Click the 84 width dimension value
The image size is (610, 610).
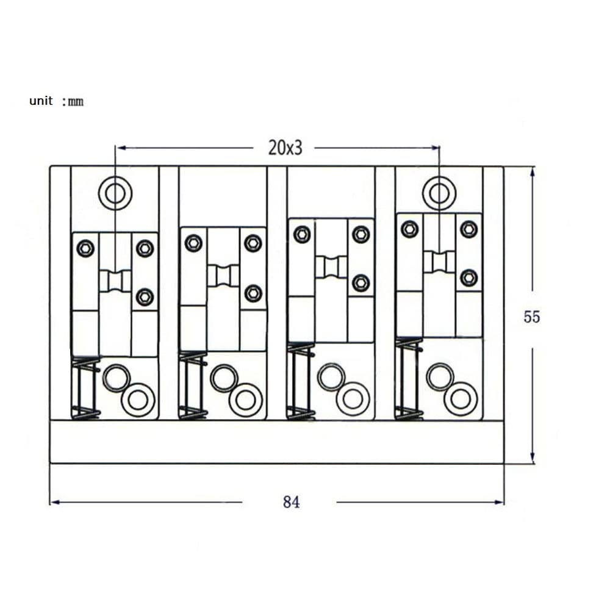[x=292, y=502]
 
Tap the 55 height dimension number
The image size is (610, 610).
[x=532, y=317]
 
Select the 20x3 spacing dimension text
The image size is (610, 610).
[x=285, y=148]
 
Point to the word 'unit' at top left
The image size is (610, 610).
[x=41, y=101]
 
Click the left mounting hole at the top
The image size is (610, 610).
[x=115, y=193]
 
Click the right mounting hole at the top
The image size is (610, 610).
[x=439, y=193]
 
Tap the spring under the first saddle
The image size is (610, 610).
[x=86, y=388]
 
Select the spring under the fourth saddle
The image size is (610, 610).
[x=409, y=379]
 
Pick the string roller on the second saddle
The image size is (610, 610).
[x=223, y=276]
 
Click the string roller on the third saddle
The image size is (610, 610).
[x=331, y=267]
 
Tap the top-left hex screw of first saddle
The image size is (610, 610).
[x=85, y=248]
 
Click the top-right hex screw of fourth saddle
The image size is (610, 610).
[x=468, y=229]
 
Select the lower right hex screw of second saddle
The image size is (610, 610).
[x=253, y=293]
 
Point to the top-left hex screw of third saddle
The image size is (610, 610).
[x=302, y=234]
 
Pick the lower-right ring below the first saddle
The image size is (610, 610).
[x=138, y=400]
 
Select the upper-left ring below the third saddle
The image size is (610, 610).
[x=331, y=376]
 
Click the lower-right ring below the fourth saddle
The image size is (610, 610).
[x=461, y=399]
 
